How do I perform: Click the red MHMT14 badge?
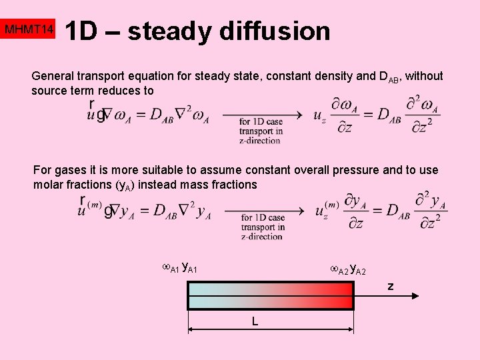click(x=29, y=30)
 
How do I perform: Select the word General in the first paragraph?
click(x=54, y=76)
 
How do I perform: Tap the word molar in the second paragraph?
click(x=48, y=185)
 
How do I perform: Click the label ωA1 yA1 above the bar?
click(x=180, y=269)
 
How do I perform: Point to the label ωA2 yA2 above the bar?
click(x=348, y=269)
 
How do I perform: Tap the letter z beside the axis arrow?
click(x=391, y=287)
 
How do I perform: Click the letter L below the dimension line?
click(x=255, y=321)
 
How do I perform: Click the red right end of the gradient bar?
click(x=343, y=296)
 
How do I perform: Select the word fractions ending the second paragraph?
click(x=234, y=185)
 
